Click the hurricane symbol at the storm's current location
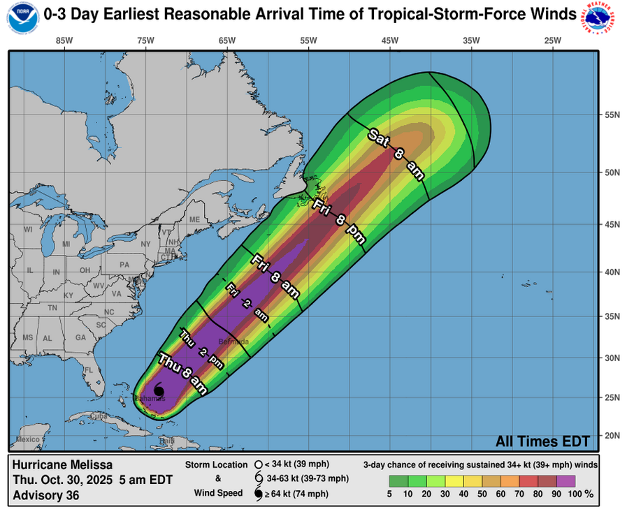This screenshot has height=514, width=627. click(x=159, y=390)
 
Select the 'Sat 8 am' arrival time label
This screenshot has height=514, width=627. click(x=396, y=154)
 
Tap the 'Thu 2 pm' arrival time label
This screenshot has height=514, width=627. click(x=201, y=348)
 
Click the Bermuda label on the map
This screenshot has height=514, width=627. click(x=233, y=342)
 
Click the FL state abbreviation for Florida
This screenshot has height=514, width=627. click(x=89, y=370)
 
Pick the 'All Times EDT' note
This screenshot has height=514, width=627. click(x=542, y=441)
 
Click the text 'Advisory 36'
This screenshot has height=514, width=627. click(x=46, y=496)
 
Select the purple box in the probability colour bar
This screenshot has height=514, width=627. click(x=567, y=480)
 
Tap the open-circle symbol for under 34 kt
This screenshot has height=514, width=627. click(x=258, y=464)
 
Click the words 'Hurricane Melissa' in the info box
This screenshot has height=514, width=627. click(x=62, y=464)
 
